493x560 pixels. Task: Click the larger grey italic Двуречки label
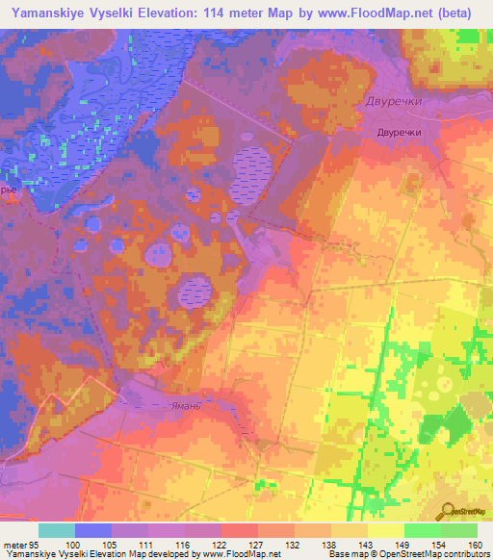coord(395,101)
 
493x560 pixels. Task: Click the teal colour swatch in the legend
coord(57,530)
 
